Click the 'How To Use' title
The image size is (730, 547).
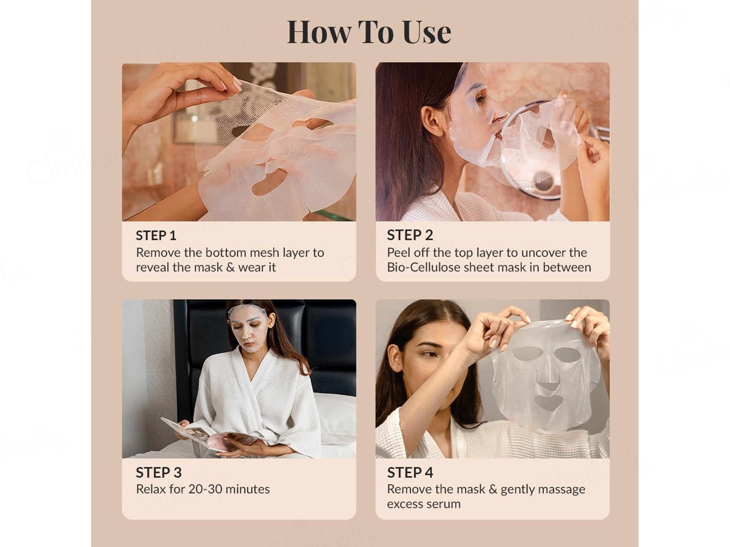pos(369,32)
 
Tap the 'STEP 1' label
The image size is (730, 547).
pos(156,235)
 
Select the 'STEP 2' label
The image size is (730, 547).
pos(410,235)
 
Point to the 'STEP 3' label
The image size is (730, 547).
pos(159,473)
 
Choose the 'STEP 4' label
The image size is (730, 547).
pos(410,473)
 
